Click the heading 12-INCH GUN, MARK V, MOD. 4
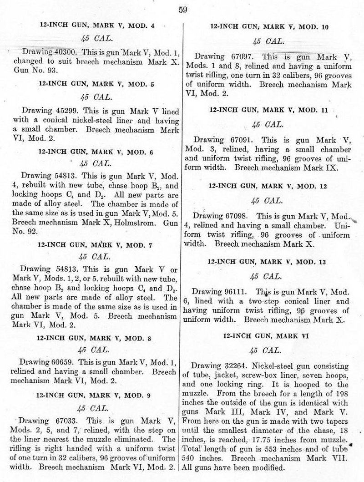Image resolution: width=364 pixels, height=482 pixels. click(x=96, y=25)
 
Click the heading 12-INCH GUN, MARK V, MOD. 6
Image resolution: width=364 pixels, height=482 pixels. click(x=96, y=149)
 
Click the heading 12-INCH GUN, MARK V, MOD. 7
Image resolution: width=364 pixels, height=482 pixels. click(x=96, y=246)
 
